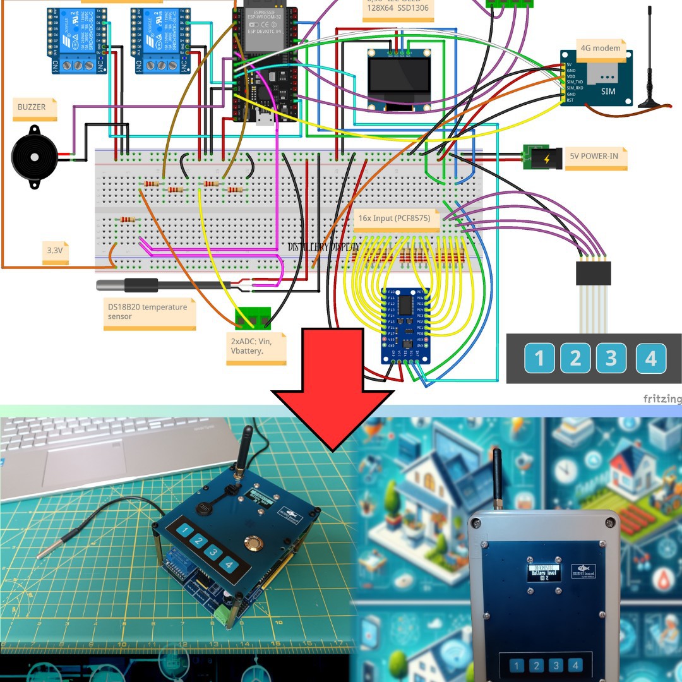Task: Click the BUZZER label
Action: tap(32, 107)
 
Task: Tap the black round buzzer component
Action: tap(35, 157)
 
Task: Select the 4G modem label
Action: tap(600, 49)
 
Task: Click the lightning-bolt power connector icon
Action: tap(542, 158)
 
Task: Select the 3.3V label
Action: tap(56, 251)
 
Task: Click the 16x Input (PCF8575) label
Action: tap(395, 218)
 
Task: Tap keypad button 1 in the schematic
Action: tap(539, 359)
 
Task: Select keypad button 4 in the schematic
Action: tap(650, 359)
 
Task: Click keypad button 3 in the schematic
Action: tap(611, 359)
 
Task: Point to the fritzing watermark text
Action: tap(662, 398)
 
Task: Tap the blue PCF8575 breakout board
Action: tap(405, 325)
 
